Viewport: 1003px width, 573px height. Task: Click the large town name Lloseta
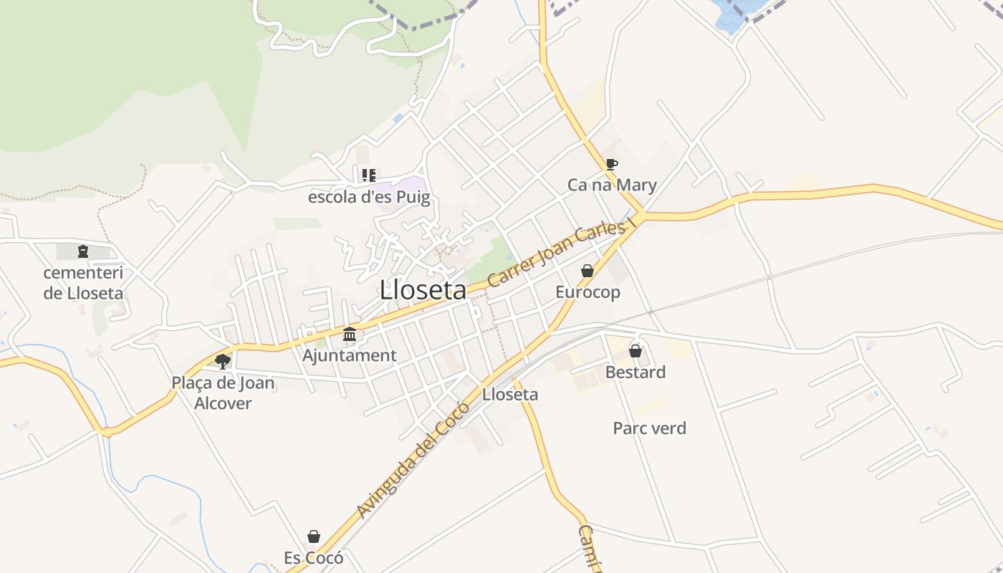(423, 290)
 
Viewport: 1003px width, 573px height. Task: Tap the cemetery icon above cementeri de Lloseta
(83, 251)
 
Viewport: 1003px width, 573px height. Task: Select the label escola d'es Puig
(369, 197)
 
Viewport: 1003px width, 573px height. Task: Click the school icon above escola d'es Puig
(369, 175)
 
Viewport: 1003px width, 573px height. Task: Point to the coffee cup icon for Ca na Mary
(611, 164)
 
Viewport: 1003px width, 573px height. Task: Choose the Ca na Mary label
(612, 185)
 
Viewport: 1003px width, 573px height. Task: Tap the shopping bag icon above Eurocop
(587, 271)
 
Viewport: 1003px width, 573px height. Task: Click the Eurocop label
(587, 292)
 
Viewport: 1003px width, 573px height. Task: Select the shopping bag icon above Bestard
(635, 351)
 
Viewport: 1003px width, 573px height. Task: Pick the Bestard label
(635, 372)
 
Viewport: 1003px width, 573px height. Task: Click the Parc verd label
(649, 428)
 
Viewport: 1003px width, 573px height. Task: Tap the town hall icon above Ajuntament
(350, 334)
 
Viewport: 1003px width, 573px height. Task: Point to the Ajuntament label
(350, 355)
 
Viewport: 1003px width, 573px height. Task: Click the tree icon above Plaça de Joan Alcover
(223, 361)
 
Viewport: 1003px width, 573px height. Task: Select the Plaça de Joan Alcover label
(224, 393)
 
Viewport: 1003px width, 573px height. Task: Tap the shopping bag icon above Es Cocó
(314, 536)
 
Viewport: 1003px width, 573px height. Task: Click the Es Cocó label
(314, 558)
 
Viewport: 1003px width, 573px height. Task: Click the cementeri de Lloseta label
(83, 283)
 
